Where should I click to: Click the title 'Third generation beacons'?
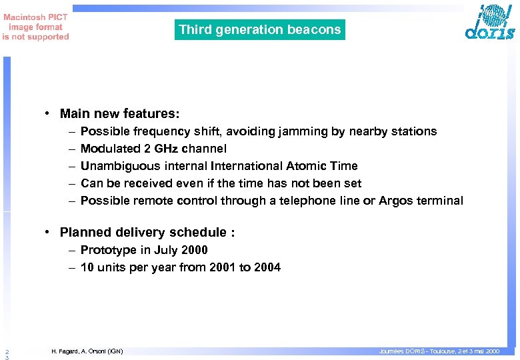[x=260, y=29]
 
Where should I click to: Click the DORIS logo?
[x=490, y=23]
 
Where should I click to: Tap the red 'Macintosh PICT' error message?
[x=35, y=27]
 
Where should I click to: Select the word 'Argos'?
[x=396, y=201]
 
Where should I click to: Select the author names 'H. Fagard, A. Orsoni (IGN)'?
[x=87, y=351]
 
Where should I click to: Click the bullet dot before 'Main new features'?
[x=49, y=114]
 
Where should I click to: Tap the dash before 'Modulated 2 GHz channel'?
[x=71, y=149]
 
